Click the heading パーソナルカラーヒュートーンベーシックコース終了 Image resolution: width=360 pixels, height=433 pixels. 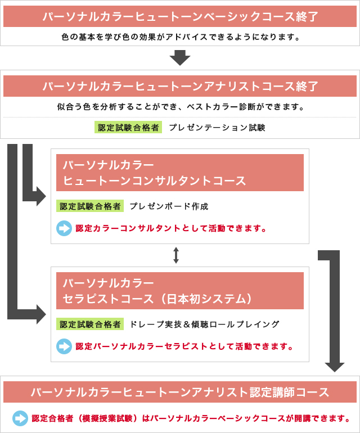click(180, 16)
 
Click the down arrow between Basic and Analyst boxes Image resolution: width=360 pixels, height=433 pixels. click(180, 58)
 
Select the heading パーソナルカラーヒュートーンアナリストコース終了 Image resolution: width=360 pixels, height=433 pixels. click(180, 86)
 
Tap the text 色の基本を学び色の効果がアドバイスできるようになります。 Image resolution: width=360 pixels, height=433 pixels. click(181, 37)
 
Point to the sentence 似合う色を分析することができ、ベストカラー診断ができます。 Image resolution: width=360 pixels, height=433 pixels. click(181, 107)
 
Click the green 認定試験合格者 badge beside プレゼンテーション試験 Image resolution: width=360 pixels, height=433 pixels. click(128, 127)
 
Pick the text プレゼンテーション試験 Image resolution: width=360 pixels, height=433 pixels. click(217, 127)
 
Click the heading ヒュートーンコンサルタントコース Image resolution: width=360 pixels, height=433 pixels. click(155, 181)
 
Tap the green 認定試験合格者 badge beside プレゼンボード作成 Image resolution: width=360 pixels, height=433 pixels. click(90, 206)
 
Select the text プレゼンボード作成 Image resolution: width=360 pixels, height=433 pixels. click(169, 206)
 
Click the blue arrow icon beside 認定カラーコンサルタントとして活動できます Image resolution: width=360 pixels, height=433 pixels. click(64, 228)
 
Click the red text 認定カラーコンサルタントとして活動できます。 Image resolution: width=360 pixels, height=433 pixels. click(171, 228)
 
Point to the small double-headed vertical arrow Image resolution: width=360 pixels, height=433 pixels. click(176, 255)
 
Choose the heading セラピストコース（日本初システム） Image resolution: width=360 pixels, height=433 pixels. click(157, 299)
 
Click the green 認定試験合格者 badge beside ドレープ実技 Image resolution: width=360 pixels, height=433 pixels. click(90, 324)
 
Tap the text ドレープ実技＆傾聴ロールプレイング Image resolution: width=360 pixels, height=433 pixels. click(205, 324)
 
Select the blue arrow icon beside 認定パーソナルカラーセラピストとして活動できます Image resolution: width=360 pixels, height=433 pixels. click(64, 346)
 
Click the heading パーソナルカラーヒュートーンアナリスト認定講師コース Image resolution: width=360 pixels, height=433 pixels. click(180, 392)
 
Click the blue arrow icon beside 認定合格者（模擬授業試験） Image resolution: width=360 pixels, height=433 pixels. click(20, 418)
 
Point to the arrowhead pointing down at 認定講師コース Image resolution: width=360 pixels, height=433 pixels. click(335, 367)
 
